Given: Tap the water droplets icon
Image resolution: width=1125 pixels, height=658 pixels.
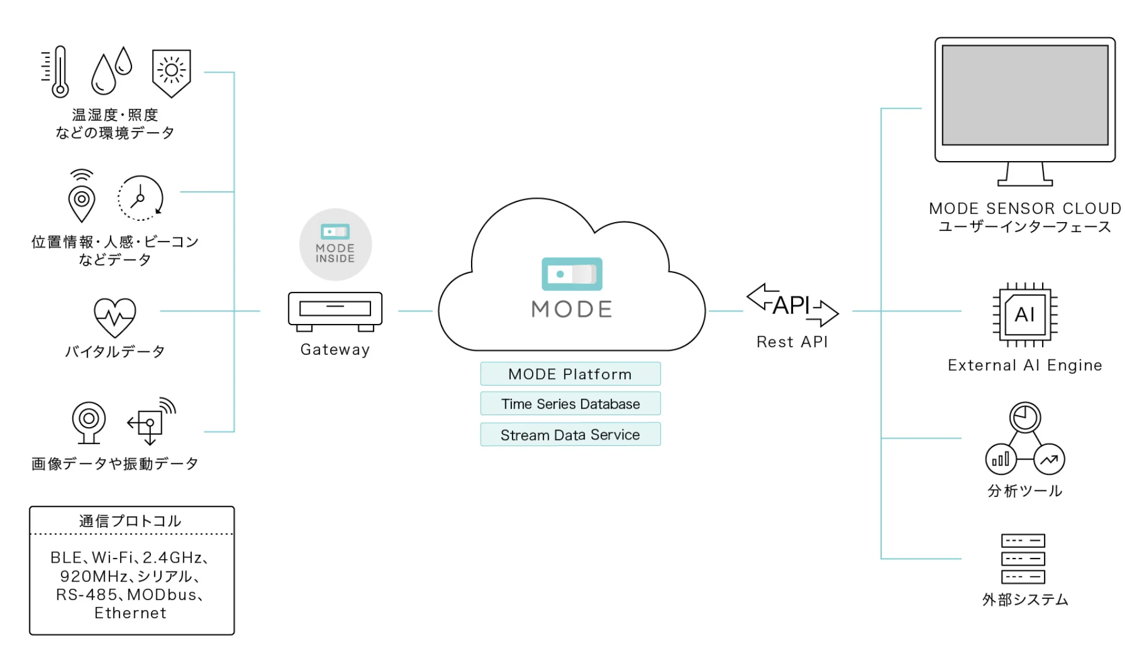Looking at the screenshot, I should tap(111, 70).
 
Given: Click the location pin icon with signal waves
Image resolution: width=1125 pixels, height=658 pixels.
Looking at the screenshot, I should tap(82, 197).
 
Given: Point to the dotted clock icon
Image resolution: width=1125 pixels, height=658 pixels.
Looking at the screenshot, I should tap(140, 198).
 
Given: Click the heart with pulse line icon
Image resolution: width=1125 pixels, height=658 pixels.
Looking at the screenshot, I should tap(115, 317).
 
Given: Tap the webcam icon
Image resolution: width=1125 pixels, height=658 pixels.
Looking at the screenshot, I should tap(89, 422).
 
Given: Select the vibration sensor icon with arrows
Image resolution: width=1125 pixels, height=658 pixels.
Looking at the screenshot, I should tap(151, 422).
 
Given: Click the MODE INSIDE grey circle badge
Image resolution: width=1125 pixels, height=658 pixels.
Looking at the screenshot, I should tap(336, 245).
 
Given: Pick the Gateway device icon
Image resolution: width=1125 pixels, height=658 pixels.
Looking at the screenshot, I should tap(335, 311).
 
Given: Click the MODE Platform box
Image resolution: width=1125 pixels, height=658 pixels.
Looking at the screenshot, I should tap(570, 374).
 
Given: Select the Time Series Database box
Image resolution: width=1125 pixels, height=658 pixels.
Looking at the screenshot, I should tap(570, 404).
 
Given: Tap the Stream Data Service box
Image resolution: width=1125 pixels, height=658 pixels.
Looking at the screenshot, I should tap(570, 435).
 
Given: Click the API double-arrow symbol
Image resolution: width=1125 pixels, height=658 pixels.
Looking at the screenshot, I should tap(792, 306).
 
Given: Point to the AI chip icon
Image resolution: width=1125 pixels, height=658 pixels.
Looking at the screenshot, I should tap(1025, 314).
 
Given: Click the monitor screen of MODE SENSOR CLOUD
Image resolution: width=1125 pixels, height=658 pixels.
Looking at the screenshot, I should tap(1024, 95).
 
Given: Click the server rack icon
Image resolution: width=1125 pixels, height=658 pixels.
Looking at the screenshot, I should tap(1023, 559).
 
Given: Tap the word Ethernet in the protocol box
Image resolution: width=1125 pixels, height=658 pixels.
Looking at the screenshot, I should tap(131, 613).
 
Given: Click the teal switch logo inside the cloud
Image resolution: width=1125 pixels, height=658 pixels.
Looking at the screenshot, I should tap(572, 274).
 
